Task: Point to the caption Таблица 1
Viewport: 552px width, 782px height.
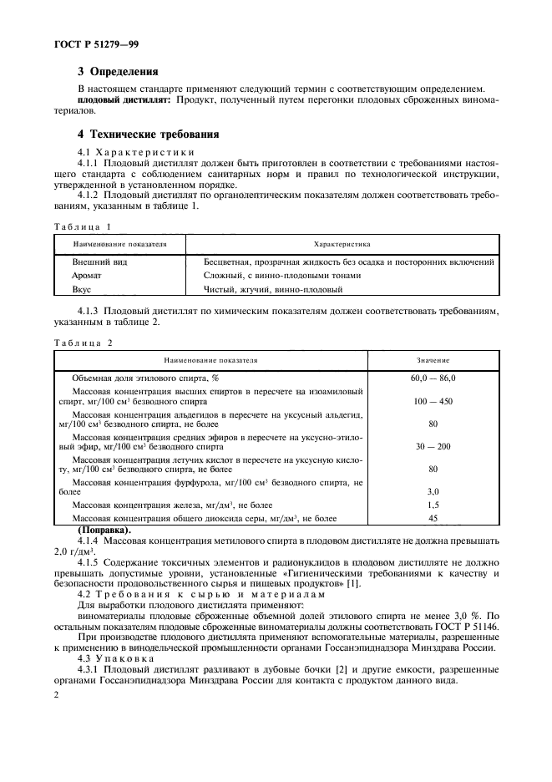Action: coord(82,226)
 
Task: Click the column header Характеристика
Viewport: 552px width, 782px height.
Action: coord(341,245)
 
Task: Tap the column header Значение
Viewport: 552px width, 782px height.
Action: coord(433,360)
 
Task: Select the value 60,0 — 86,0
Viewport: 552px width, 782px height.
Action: coord(433,378)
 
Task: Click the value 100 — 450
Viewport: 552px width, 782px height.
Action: coord(433,401)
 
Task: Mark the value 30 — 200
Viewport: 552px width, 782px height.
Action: coord(433,446)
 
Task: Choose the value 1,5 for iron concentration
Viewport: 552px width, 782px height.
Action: coord(433,505)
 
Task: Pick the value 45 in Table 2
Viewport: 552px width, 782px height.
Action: coord(433,518)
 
